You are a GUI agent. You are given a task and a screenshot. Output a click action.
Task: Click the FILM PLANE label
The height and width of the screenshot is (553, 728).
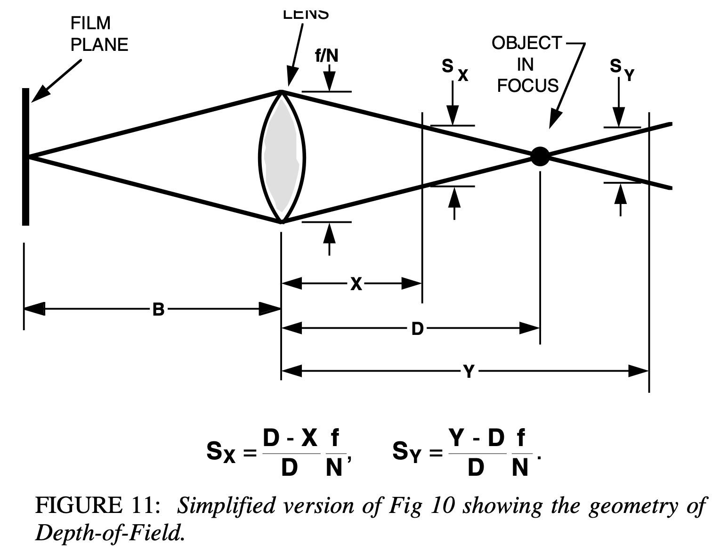(99, 34)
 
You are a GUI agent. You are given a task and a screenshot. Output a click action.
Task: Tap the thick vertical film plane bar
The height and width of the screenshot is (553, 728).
(25, 156)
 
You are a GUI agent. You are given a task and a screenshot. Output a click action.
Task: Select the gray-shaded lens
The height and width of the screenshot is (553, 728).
(282, 156)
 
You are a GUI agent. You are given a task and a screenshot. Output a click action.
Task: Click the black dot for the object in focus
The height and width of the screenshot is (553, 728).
(540, 155)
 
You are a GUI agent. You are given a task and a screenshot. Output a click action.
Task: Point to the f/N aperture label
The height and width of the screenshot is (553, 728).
(326, 56)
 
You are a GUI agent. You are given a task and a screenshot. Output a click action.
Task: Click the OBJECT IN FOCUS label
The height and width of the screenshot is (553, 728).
(527, 64)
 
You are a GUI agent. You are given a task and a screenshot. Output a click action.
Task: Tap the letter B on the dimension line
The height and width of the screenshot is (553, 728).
(158, 309)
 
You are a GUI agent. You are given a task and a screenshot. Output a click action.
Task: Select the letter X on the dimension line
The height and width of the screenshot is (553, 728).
(356, 284)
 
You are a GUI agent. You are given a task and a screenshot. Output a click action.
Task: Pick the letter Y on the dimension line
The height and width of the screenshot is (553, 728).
(469, 372)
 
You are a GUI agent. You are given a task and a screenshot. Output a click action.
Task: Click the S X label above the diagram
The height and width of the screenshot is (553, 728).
(454, 70)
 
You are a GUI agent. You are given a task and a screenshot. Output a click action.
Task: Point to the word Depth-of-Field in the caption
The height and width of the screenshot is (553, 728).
(108, 532)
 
